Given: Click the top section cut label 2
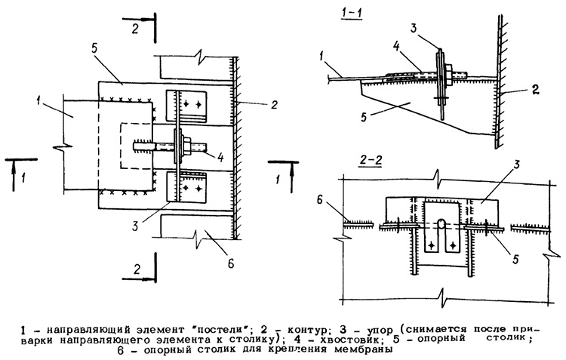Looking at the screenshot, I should pos(135,28).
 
